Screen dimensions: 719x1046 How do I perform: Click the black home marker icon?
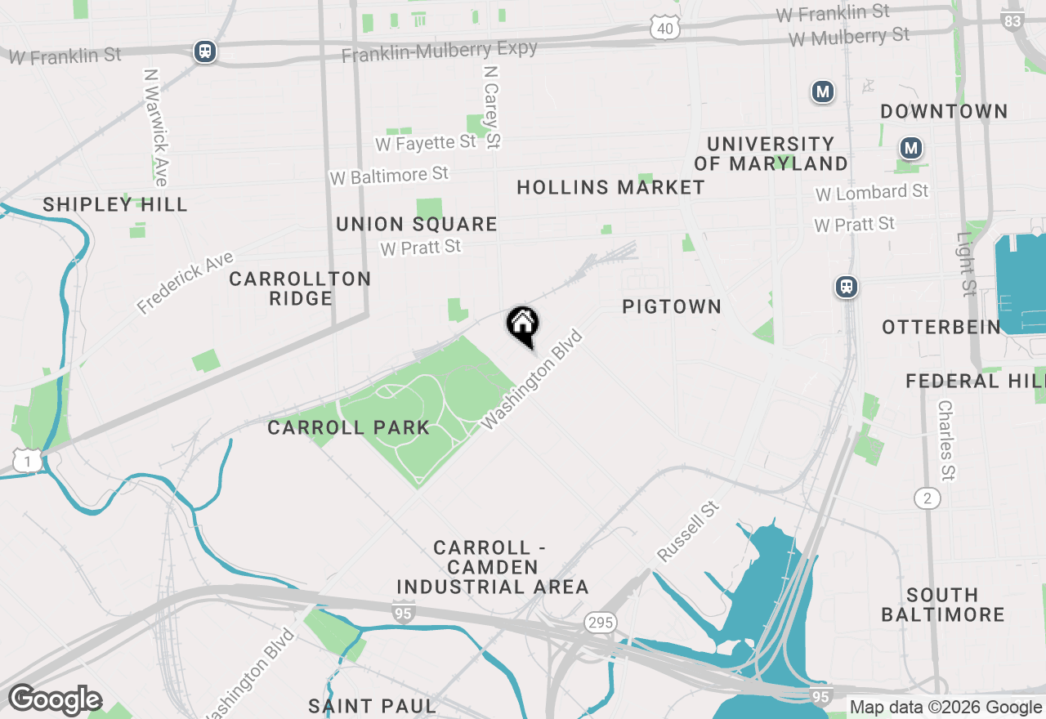click(523, 324)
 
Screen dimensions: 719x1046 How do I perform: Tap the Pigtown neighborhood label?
click(672, 306)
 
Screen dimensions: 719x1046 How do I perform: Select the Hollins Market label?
click(610, 187)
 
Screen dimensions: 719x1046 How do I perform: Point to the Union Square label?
click(417, 224)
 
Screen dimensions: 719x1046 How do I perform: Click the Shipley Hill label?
click(115, 204)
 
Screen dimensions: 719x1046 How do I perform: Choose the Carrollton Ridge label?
click(300, 288)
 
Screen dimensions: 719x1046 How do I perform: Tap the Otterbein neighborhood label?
click(941, 328)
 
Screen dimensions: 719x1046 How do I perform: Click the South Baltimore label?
click(942, 605)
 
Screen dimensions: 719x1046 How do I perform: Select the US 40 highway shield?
click(666, 29)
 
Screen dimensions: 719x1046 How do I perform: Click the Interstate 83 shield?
click(1012, 20)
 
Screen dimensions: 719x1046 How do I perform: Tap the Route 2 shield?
click(927, 498)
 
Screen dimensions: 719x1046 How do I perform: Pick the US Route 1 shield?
click(28, 462)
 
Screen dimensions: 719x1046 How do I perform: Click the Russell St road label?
click(688, 532)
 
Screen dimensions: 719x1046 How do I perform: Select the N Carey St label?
click(492, 107)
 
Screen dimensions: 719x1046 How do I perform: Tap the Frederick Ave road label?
click(186, 283)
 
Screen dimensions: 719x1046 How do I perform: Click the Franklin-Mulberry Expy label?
click(440, 52)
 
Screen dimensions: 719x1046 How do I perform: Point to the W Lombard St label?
click(872, 193)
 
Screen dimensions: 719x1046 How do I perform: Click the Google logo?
click(55, 700)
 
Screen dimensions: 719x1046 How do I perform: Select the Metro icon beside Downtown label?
click(910, 149)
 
